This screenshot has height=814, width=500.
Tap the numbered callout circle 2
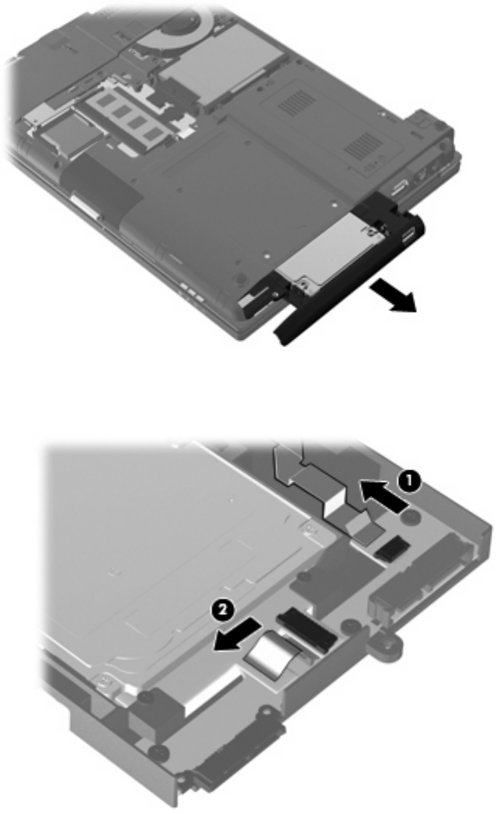[222, 609]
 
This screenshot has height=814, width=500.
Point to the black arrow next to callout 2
[237, 634]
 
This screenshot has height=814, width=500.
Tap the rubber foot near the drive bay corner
[240, 279]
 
